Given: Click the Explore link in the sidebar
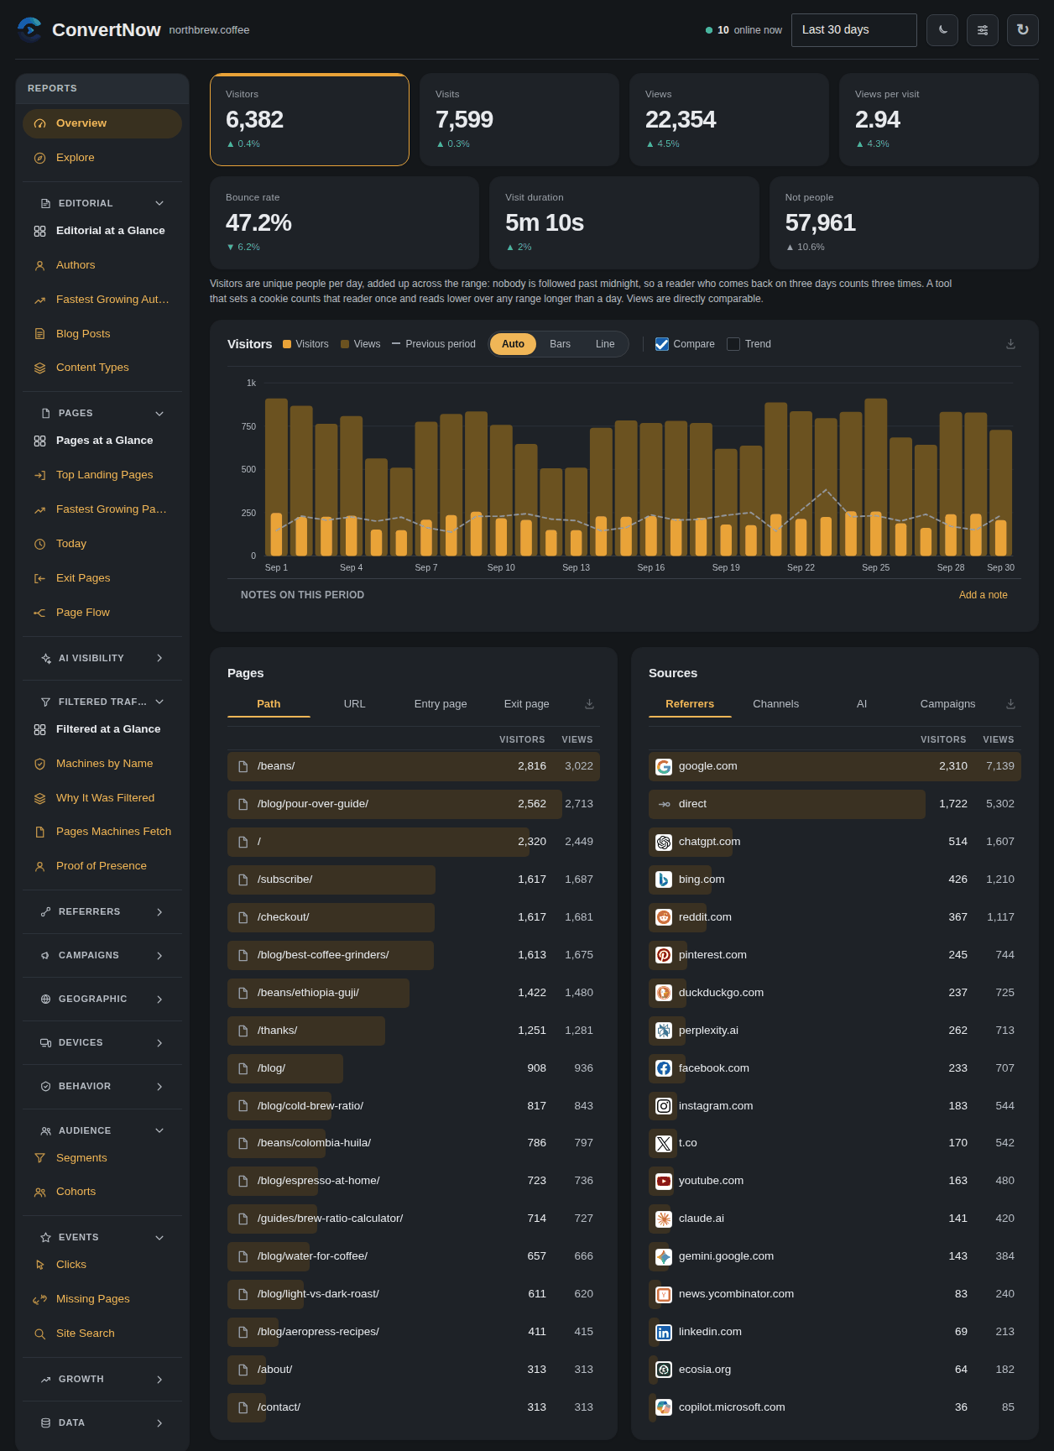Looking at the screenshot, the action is point(75,158).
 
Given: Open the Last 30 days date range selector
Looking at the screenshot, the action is point(853,30).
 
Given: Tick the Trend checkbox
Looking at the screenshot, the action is point(733,344).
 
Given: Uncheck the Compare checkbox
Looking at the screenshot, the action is point(662,344).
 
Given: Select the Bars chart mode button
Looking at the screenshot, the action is point(560,344).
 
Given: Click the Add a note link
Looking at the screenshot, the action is point(983,595).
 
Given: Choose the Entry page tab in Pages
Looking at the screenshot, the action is point(441,704).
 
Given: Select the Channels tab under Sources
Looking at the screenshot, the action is point(775,704).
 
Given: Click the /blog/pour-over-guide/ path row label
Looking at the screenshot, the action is point(313,804).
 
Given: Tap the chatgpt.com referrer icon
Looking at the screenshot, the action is point(664,842).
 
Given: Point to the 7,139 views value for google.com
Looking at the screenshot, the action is point(1000,766).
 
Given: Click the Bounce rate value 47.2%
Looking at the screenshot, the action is point(258,222).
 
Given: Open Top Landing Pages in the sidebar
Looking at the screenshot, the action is point(104,475).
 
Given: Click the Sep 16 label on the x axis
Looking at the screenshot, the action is point(651,568).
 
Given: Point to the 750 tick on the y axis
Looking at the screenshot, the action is point(248,426).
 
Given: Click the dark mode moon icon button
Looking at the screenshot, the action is point(942,30).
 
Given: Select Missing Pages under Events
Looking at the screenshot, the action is point(92,1299).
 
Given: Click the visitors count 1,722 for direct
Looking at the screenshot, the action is point(953,804).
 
